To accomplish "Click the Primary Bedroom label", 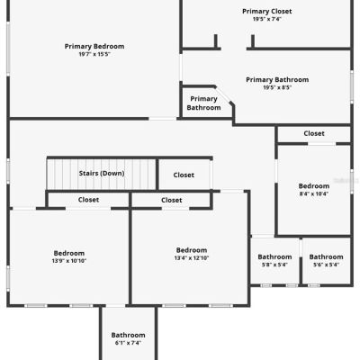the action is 94,47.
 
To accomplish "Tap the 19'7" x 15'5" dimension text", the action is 94,54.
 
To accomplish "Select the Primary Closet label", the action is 267,12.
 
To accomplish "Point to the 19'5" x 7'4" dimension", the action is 267,19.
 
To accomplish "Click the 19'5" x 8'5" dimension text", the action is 277,87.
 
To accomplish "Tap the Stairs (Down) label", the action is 102,174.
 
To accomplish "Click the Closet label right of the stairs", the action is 184,175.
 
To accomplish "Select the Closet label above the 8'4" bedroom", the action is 314,133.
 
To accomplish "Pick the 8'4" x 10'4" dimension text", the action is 314,193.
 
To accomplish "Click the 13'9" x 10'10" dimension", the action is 69,261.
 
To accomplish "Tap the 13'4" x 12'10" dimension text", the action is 192,258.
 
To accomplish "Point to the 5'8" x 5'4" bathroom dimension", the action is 274,265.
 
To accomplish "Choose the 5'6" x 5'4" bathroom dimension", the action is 326,265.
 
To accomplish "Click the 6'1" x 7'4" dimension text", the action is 128,343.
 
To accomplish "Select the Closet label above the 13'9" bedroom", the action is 88,200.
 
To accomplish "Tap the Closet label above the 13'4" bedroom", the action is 172,200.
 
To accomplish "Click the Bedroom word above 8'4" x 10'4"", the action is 314,186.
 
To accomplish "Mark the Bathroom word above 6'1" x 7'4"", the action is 128,335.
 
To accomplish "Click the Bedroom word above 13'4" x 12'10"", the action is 192,250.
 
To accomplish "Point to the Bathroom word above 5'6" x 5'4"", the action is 326,257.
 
